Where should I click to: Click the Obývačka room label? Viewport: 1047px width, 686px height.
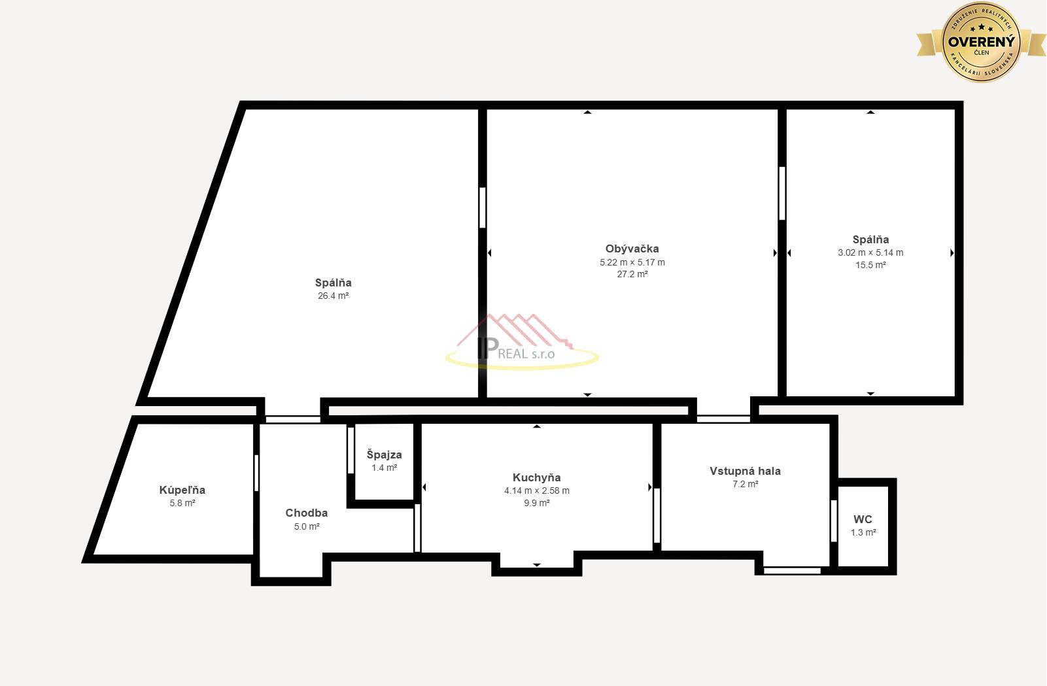pos(632,249)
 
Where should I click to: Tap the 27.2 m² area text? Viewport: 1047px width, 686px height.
pos(632,274)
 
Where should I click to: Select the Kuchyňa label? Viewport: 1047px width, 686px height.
pos(537,477)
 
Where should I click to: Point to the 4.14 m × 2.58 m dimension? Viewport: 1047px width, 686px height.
pos(537,490)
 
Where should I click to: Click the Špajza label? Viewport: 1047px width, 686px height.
pos(385,454)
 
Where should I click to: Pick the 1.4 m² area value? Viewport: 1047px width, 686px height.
pos(385,468)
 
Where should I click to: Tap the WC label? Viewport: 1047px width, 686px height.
pos(863,519)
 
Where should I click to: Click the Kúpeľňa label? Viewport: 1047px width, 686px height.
pos(182,490)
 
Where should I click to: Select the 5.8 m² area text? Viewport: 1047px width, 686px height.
pos(182,504)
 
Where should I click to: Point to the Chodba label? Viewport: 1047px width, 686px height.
pos(307,513)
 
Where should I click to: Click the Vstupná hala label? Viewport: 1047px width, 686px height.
pos(745,471)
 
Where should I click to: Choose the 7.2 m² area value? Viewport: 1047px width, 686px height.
pos(745,484)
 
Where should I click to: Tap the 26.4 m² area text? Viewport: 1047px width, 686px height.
pos(334,296)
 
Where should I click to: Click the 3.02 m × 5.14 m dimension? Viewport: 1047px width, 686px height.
pos(870,253)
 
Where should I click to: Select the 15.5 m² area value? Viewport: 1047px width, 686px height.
pos(870,265)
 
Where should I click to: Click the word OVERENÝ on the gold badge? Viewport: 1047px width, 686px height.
pos(982,42)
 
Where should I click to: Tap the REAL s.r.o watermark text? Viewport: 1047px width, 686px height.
pos(526,354)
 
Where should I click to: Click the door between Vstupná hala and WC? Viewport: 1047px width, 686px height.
pos(833,521)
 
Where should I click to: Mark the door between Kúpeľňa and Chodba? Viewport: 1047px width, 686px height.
pos(256,473)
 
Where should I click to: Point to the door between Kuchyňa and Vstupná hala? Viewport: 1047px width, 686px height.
pos(657,515)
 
